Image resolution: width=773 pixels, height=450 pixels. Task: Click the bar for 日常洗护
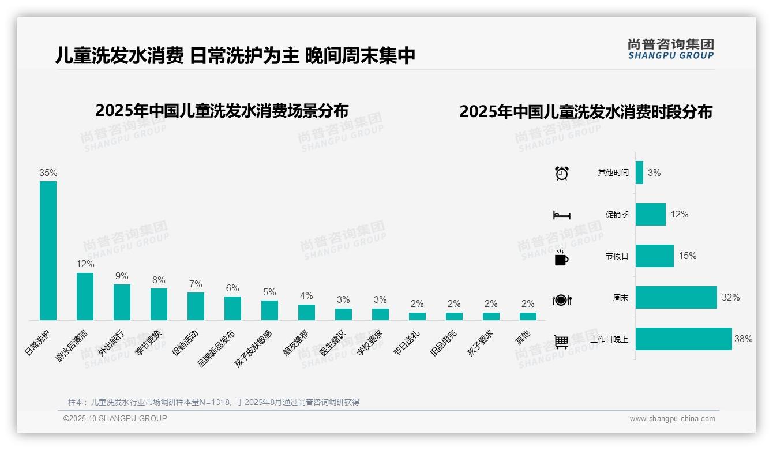click(48, 250)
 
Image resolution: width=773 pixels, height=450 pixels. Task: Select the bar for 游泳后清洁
click(85, 296)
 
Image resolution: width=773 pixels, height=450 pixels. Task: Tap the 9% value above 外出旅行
click(122, 276)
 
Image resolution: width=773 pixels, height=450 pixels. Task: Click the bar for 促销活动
click(196, 306)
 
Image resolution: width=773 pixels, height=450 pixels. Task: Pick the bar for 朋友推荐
click(306, 312)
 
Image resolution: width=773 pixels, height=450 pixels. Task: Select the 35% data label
click(48, 172)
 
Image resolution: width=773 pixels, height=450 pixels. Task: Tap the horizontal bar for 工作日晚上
click(683, 339)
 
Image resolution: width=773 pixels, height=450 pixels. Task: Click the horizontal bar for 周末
click(676, 298)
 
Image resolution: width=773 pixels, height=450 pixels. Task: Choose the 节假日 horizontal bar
click(654, 256)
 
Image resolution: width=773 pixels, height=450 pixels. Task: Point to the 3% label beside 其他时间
click(654, 172)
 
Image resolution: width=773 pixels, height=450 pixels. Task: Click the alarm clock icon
click(561, 173)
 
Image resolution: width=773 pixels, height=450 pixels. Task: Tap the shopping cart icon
click(561, 342)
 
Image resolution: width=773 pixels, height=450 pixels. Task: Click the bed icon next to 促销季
click(561, 215)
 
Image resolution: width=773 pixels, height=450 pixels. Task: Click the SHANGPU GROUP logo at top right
click(670, 49)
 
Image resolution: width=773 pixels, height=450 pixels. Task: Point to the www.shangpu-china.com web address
click(672, 419)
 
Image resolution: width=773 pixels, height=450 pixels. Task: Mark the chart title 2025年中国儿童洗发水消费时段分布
click(586, 112)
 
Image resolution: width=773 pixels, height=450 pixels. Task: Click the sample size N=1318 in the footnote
click(214, 402)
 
